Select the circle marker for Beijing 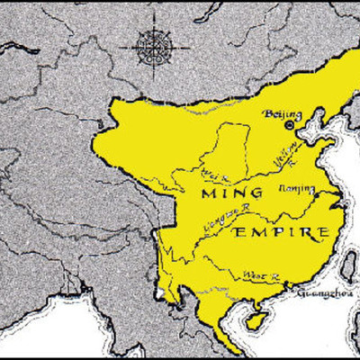coord(290,127)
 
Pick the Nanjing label coord(299,189)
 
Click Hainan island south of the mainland coord(256,319)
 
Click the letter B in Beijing coord(265,113)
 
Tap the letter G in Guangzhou coord(301,292)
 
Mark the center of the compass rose coord(153,41)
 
